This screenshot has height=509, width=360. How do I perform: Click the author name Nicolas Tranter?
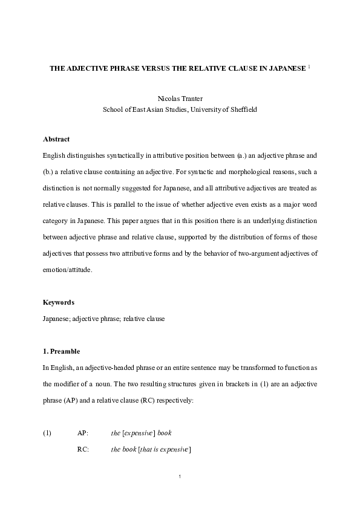[180, 97]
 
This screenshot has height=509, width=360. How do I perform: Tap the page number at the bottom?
[180, 477]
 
